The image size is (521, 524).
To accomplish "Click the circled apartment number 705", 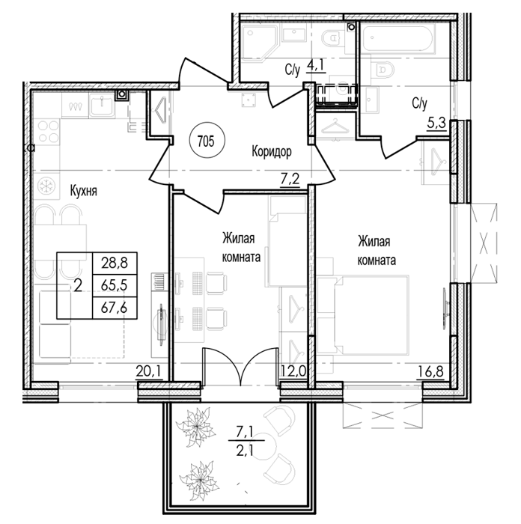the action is click(x=207, y=141).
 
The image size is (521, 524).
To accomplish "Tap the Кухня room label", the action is click(x=83, y=192).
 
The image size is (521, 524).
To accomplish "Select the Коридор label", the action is click(x=272, y=151).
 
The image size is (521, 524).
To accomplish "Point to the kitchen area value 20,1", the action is click(x=149, y=371).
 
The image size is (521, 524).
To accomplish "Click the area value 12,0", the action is click(x=293, y=371).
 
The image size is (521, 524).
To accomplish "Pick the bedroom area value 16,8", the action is click(x=430, y=371).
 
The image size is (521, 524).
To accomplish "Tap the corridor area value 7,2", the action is click(x=290, y=180).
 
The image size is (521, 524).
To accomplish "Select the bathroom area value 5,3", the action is click(x=436, y=124).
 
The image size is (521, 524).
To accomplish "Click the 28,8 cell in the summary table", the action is click(x=115, y=263).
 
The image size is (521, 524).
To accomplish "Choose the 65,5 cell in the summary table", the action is click(x=115, y=286).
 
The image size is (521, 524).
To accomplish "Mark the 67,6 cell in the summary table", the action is click(x=115, y=308).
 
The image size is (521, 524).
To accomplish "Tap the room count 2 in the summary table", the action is click(x=78, y=286).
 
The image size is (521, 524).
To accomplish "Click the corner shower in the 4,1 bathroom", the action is click(x=260, y=43).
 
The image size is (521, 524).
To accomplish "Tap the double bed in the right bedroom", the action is click(x=363, y=314).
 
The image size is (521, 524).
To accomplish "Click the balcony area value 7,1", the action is click(x=244, y=433).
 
